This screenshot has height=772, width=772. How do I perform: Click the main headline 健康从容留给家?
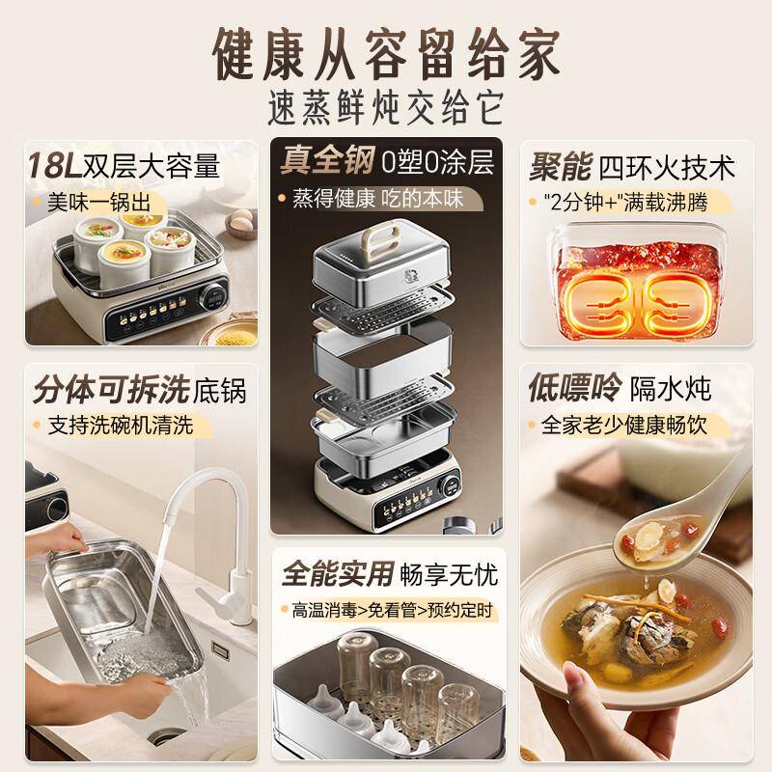(x=387, y=54)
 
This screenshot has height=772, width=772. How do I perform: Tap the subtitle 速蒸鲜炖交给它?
(x=387, y=107)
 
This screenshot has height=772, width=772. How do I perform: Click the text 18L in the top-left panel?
(x=54, y=165)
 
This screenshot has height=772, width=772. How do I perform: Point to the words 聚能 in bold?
(x=560, y=167)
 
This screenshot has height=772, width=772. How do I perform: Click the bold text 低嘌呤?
(x=573, y=388)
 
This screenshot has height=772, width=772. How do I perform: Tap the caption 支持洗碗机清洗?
(x=120, y=426)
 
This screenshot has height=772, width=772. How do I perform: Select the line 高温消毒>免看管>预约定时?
(x=392, y=610)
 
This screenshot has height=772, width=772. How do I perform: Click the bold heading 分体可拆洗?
(x=111, y=389)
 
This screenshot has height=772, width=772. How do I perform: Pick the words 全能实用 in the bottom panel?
(x=338, y=573)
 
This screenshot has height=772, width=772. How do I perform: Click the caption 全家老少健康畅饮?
(x=623, y=426)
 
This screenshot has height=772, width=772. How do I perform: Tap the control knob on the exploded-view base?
(x=451, y=486)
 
